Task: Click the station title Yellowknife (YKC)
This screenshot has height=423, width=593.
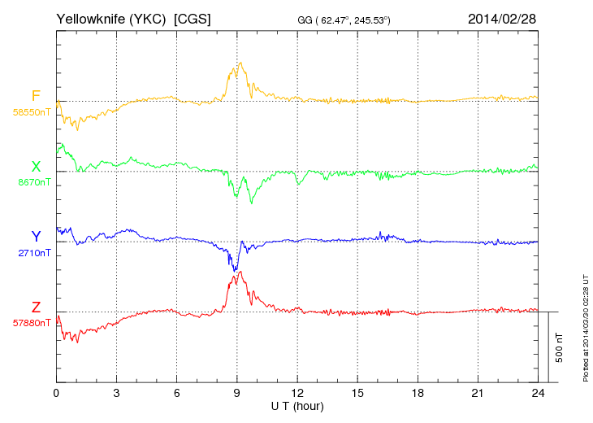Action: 112,18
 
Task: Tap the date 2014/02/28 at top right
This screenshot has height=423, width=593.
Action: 501,18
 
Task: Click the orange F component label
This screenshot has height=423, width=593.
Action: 36,96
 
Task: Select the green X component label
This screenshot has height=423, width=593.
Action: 36,167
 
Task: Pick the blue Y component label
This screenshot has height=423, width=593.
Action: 36,237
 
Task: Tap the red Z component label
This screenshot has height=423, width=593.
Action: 36,307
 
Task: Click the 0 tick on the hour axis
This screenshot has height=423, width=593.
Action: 56,393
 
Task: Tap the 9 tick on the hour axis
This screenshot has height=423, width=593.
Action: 237,393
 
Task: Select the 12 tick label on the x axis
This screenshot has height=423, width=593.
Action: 297,393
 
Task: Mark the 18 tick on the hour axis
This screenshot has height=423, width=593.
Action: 418,393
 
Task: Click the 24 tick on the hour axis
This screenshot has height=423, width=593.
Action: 538,393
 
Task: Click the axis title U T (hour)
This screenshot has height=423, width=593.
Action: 297,406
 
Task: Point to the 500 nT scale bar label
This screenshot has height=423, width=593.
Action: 560,347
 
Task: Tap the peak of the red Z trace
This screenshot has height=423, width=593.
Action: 240,271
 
